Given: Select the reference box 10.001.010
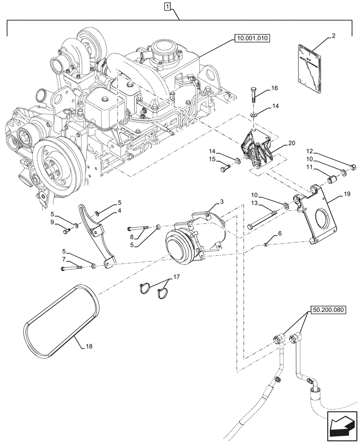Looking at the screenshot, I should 250,39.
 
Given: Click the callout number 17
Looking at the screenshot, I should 176,278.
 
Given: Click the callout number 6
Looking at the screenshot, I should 280,233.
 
